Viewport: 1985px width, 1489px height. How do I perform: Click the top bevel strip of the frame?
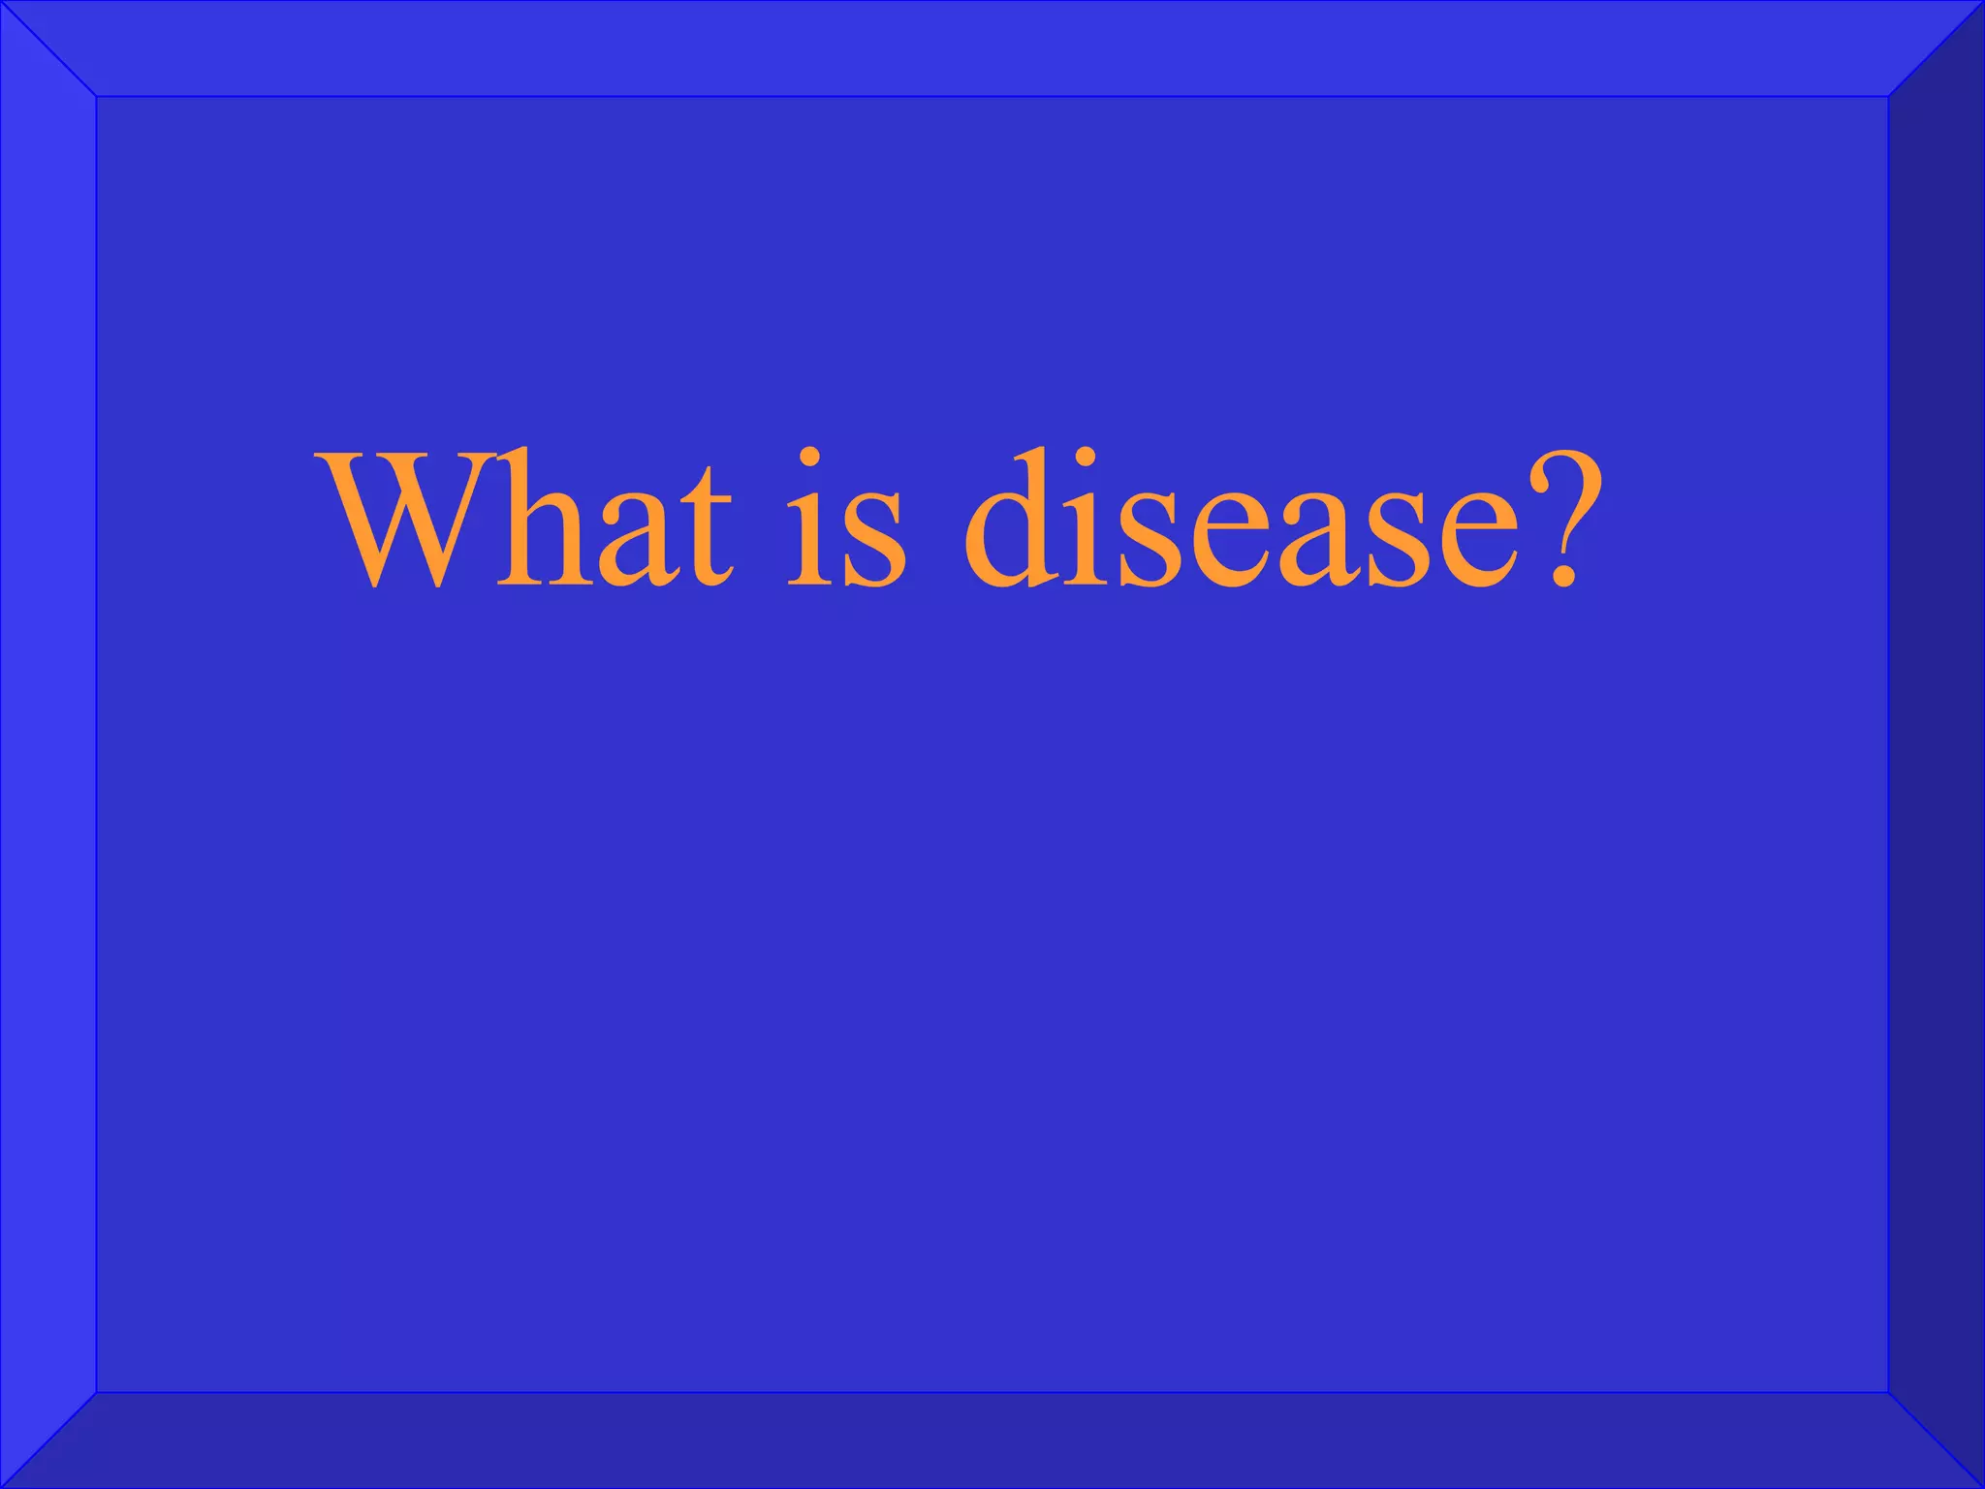pos(992,48)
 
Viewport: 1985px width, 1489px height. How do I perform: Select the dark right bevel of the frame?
pos(1937,744)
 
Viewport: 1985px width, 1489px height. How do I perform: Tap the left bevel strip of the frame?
pos(48,744)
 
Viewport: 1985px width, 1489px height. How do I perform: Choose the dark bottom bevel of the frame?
pos(992,1441)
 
